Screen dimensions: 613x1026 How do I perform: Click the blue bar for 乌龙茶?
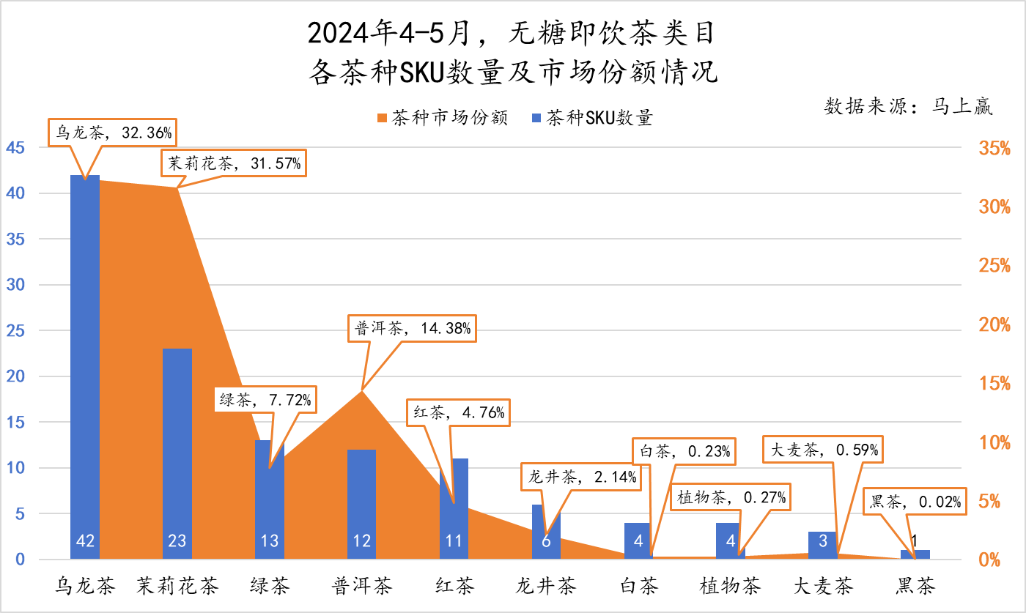coord(85,366)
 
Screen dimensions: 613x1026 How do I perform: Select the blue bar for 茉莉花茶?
coord(177,439)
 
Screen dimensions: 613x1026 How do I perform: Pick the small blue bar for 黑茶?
coord(915,554)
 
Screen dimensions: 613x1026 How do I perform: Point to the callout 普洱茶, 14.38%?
coord(413,329)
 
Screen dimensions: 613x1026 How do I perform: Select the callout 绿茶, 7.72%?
coord(265,399)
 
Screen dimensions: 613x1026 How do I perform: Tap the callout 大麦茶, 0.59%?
coord(824,450)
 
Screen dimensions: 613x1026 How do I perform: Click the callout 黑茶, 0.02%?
coord(914,502)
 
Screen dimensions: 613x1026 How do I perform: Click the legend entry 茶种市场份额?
coord(442,117)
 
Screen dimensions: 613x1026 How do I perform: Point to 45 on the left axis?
coord(15,148)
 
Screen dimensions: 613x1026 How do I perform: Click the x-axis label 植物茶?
coord(730,586)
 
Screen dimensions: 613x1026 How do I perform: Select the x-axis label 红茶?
coord(454,586)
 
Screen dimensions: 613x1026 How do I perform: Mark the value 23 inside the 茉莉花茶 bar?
coord(177,541)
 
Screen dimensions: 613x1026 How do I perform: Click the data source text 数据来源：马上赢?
coord(909,106)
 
